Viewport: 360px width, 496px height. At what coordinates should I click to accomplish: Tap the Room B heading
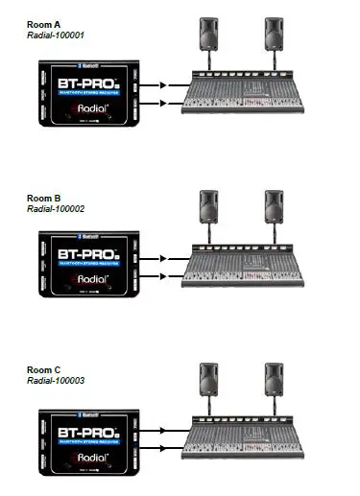point(42,198)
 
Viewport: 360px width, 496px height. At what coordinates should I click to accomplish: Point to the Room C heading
point(42,368)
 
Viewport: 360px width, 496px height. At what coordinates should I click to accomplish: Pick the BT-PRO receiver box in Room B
point(87,265)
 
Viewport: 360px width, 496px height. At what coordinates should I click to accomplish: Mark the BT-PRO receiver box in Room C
point(87,437)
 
